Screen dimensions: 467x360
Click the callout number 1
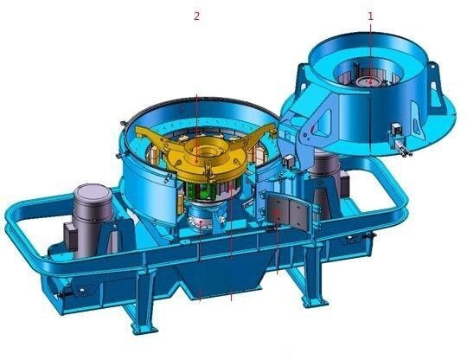[x=370, y=16]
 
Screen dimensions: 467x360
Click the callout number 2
[x=196, y=16]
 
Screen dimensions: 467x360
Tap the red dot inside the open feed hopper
[x=370, y=82]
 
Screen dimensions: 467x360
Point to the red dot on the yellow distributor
[x=196, y=160]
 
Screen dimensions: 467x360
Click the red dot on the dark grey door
[x=278, y=213]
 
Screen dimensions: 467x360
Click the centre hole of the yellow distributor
[x=206, y=153]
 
